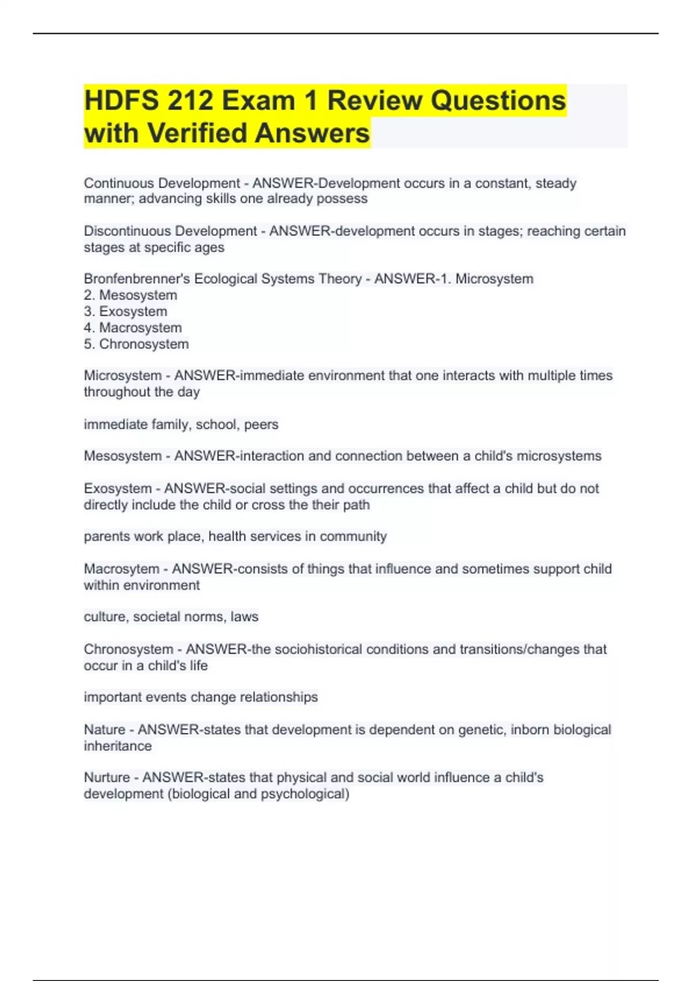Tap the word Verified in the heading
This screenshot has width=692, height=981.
[198, 133]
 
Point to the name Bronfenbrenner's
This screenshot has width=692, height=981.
[137, 279]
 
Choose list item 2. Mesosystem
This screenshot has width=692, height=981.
[130, 295]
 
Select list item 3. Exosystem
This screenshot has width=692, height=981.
[126, 311]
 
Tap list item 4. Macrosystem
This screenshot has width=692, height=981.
[133, 328]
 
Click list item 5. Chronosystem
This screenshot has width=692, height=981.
[136, 344]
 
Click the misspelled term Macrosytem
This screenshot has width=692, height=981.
[121, 568]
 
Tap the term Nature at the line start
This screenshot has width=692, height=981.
[104, 729]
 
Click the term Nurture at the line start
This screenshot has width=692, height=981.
[107, 777]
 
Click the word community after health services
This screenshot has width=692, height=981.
[353, 536]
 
